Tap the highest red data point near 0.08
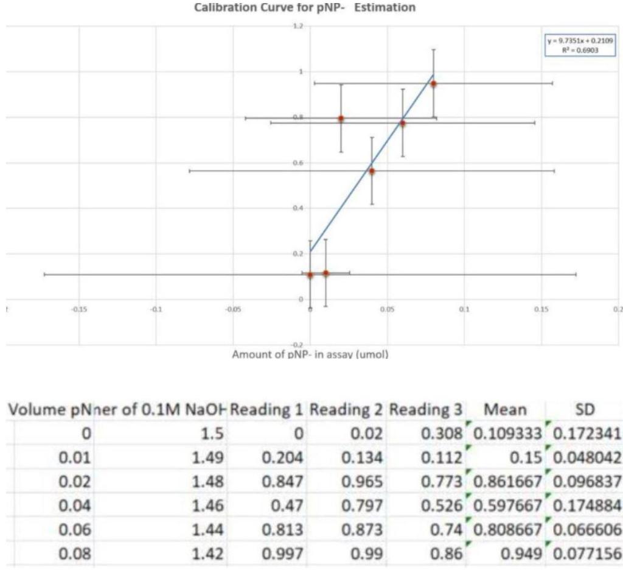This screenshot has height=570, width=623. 433,83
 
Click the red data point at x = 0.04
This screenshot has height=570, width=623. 372,171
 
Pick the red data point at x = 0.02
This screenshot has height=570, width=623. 341,118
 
